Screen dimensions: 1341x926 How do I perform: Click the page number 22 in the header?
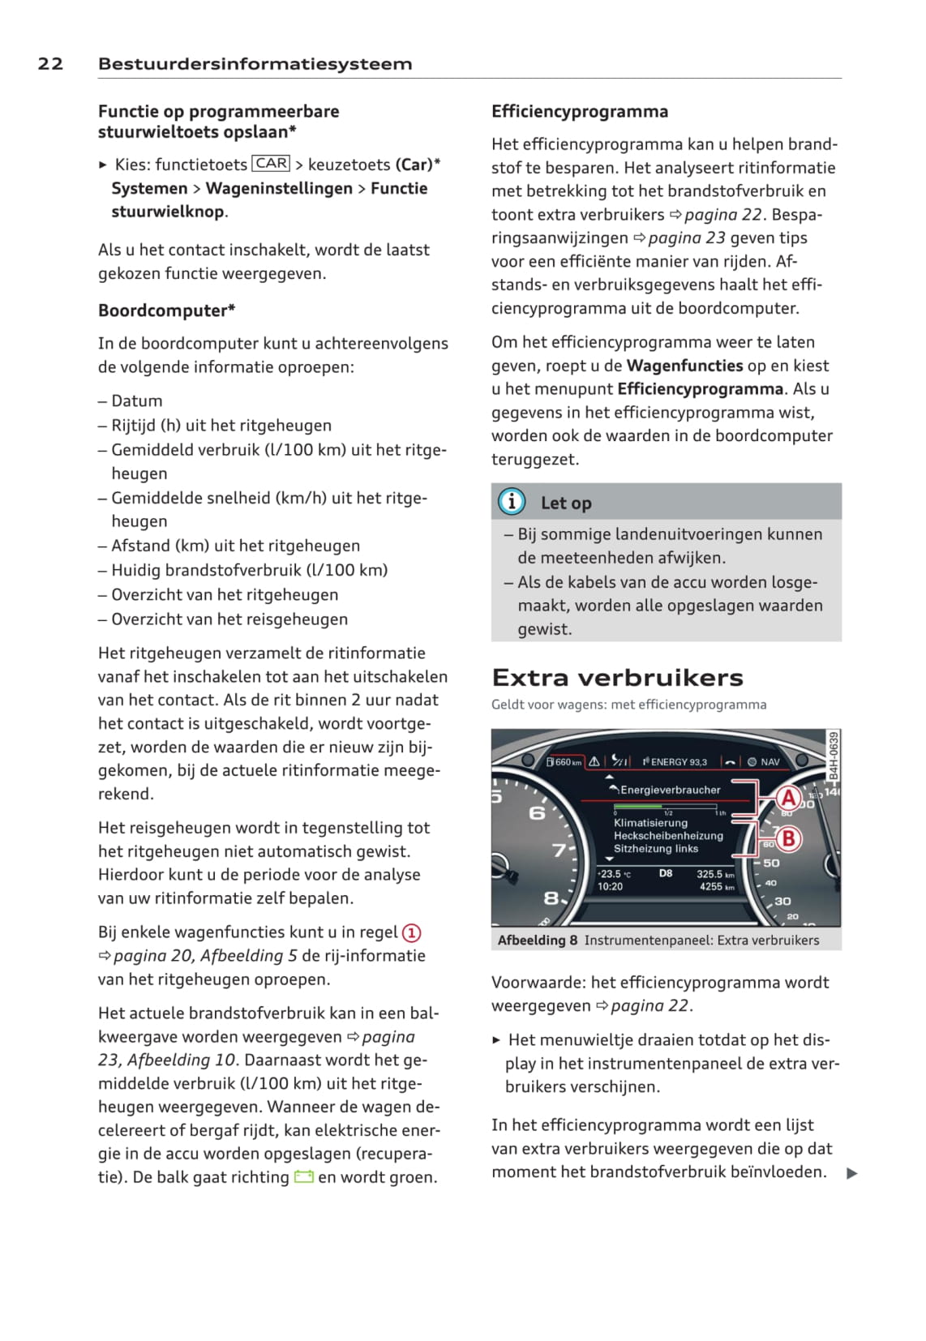[x=50, y=64]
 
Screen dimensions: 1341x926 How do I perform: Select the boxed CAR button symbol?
[x=271, y=164]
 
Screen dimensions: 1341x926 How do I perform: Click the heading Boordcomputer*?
[x=166, y=311]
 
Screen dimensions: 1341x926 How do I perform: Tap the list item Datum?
[x=136, y=401]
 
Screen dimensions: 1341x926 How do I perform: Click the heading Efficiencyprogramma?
[x=580, y=112]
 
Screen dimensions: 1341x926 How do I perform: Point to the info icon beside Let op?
[x=512, y=502]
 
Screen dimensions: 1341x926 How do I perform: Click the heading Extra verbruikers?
[x=617, y=678]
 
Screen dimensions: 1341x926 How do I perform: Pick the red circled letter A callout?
[x=787, y=799]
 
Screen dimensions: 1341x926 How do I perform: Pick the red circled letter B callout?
[x=787, y=838]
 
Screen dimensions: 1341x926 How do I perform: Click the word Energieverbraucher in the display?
[x=670, y=790]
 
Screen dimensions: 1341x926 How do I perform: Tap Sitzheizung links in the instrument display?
[x=655, y=849]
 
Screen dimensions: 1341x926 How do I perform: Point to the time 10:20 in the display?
[x=610, y=887]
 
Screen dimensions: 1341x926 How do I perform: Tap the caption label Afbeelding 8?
[x=538, y=940]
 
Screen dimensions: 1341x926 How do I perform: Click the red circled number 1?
[x=412, y=933]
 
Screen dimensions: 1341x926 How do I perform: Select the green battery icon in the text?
[x=304, y=1177]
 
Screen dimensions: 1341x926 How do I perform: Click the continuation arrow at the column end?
[x=851, y=1173]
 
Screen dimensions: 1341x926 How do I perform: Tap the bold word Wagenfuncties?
[x=684, y=366]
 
